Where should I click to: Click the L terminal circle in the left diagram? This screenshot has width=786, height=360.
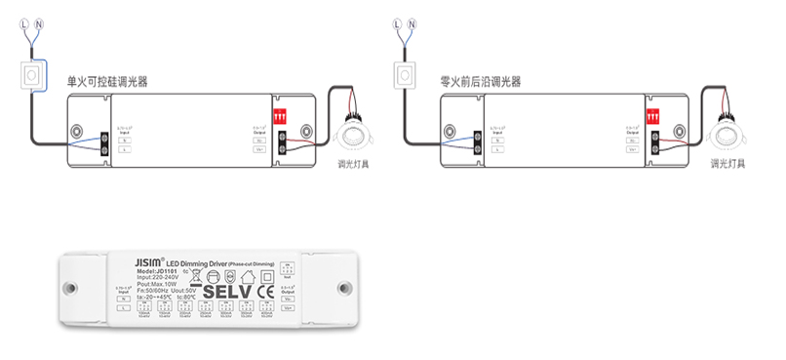point(23,21)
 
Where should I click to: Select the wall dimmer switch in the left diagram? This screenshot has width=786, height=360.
point(34,74)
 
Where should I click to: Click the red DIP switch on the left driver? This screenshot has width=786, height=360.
point(283,114)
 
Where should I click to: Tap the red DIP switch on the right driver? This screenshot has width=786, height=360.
point(653,113)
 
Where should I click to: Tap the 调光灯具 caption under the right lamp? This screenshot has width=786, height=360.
point(727,164)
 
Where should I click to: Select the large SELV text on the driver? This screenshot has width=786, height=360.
point(227,291)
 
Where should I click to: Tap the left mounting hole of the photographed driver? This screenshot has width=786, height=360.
point(70,289)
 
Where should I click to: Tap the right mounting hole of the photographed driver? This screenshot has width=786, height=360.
point(344,289)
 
